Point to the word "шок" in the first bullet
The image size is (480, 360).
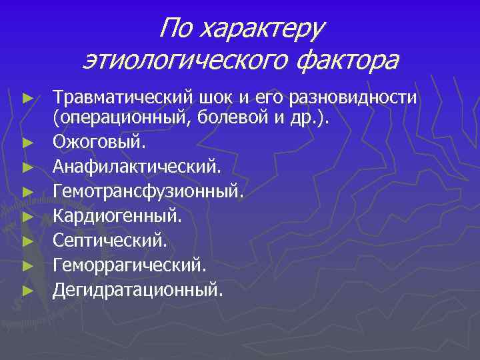(215, 98)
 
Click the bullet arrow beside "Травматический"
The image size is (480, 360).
(27, 98)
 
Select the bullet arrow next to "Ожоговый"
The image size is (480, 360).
(27, 142)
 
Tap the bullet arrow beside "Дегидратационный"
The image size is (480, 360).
(27, 289)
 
